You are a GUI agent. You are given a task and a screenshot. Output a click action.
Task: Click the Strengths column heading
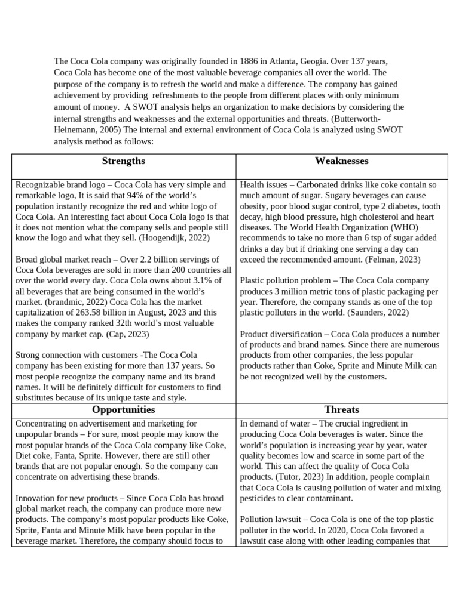[x=123, y=161]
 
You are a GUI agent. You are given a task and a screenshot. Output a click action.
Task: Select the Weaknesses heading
[x=341, y=161]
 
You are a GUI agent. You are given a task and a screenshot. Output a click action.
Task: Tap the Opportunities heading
[x=123, y=409]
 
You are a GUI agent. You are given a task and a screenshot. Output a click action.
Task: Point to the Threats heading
[x=341, y=409]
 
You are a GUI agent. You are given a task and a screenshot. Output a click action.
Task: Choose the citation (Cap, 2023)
[x=126, y=334]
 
